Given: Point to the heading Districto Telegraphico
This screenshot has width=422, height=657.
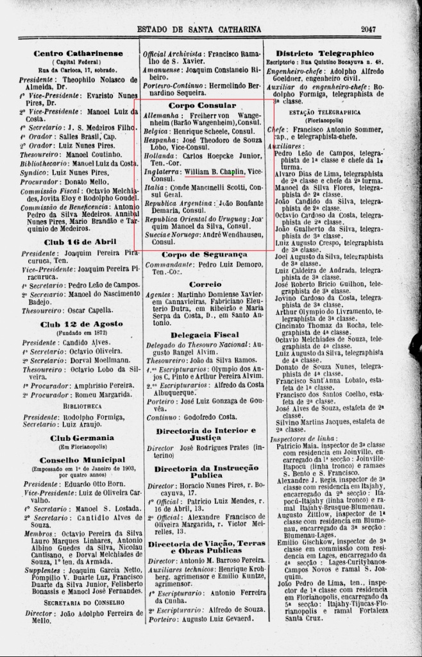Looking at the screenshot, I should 333,53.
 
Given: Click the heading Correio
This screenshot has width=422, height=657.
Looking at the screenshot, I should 205,284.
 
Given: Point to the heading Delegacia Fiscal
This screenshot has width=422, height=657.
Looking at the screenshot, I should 205,335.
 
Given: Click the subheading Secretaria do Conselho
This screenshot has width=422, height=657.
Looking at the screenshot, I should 81,603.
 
